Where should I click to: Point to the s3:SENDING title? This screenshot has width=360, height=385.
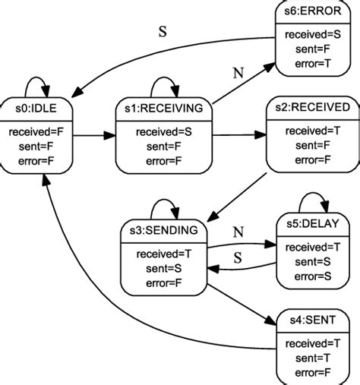click(x=163, y=229)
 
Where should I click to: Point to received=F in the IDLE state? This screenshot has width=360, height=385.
click(x=40, y=132)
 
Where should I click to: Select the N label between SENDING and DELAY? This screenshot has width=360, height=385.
click(x=238, y=231)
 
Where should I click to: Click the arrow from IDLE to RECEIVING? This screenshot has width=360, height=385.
click(x=95, y=137)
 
